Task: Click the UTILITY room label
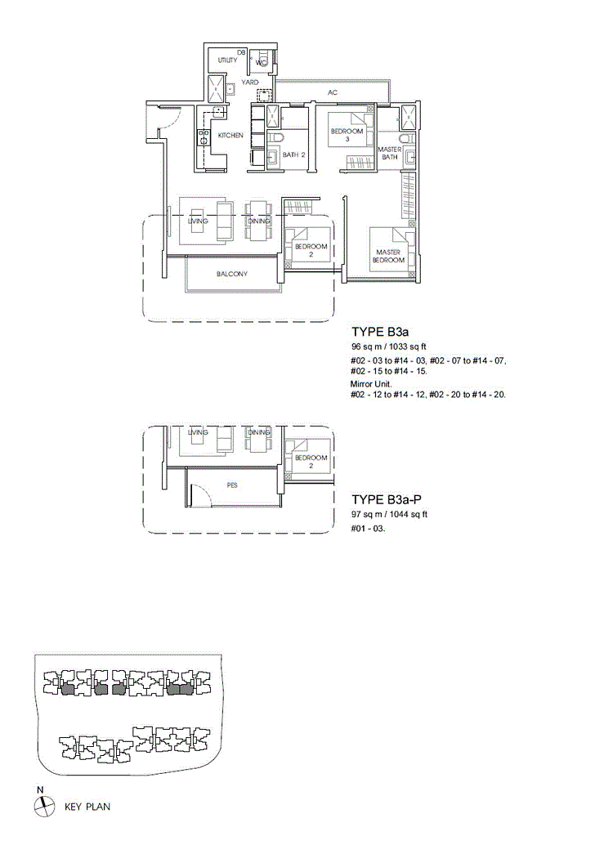(227, 60)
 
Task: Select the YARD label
(249, 83)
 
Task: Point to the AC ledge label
(333, 92)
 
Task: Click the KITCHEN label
(230, 136)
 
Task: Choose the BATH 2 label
(293, 154)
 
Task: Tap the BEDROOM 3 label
(347, 135)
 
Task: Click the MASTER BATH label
(390, 153)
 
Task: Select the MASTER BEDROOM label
(388, 256)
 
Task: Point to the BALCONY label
(232, 274)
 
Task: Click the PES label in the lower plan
(232, 485)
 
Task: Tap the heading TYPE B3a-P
(387, 499)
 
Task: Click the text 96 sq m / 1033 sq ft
(388, 346)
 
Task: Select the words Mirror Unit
(371, 384)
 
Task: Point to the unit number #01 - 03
(368, 529)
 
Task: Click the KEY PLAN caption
(87, 807)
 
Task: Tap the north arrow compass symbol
(44, 807)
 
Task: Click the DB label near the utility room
(241, 53)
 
